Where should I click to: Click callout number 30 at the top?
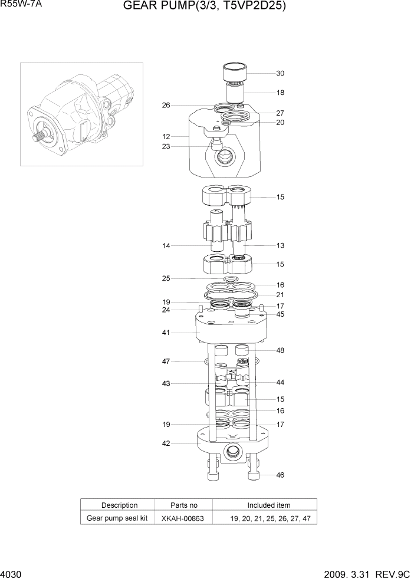click(x=280, y=74)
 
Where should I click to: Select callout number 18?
click(x=280, y=93)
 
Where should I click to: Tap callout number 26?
click(x=166, y=106)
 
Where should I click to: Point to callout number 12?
click(x=166, y=137)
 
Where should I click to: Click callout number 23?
click(x=166, y=147)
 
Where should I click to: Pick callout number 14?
click(x=166, y=245)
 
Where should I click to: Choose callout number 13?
click(x=280, y=245)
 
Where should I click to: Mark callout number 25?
click(x=166, y=278)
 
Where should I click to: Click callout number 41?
click(x=166, y=333)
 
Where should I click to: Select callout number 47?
click(x=166, y=360)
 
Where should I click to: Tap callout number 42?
click(x=166, y=444)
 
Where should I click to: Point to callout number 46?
click(x=280, y=474)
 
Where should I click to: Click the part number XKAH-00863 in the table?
click(x=183, y=519)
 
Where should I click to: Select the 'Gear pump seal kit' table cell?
click(x=117, y=519)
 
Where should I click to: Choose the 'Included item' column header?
click(x=268, y=505)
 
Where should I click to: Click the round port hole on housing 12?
click(x=224, y=156)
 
